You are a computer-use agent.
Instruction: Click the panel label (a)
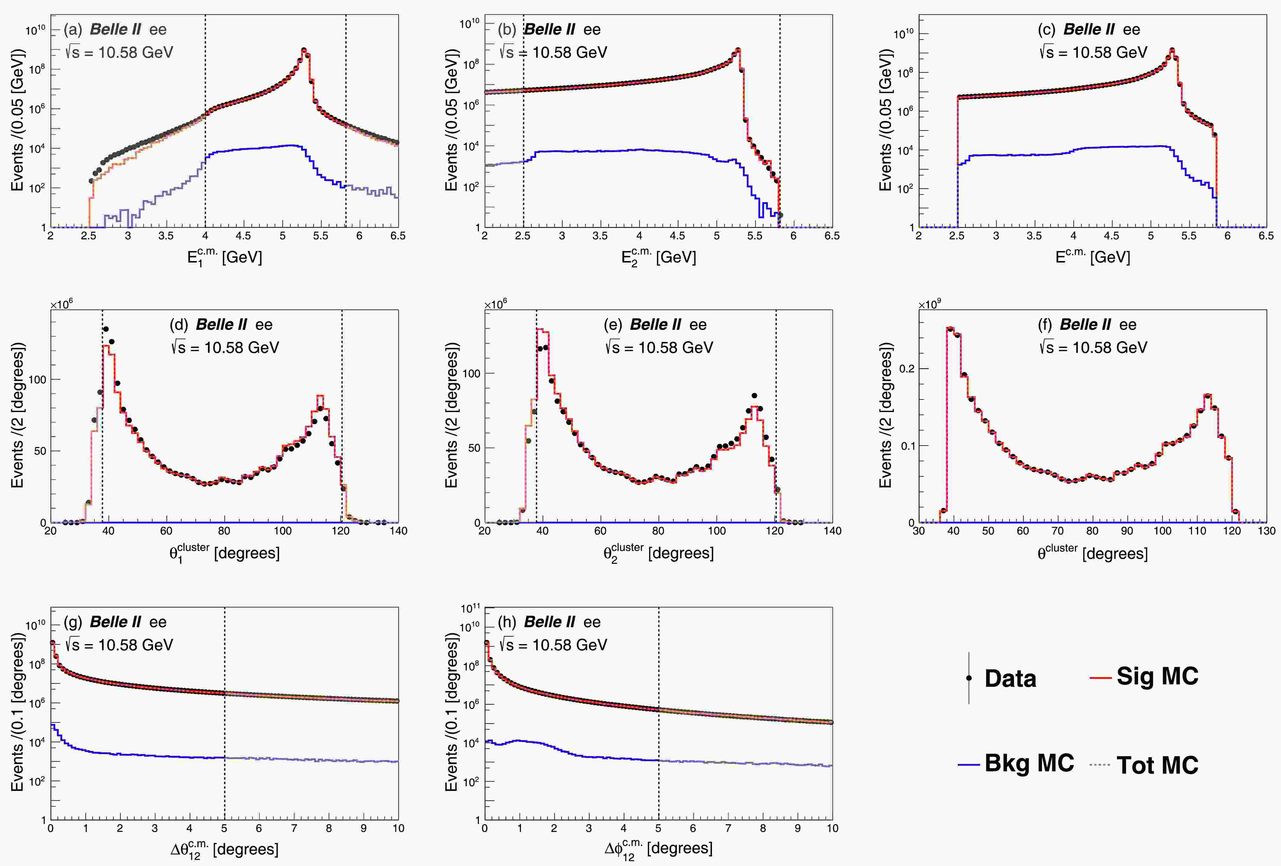pos(73,29)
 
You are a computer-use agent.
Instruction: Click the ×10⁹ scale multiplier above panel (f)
pos(930,304)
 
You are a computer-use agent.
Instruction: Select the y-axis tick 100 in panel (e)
pos(471,373)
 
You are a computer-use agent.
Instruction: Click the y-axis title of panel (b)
pos(452,120)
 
